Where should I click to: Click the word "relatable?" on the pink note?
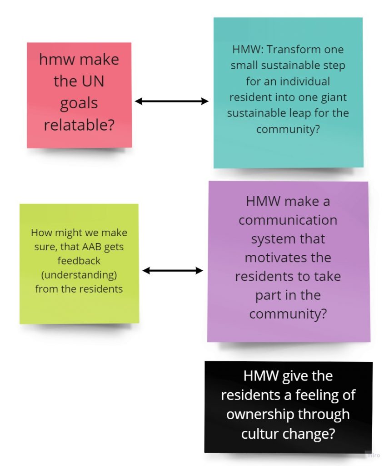tap(79, 125)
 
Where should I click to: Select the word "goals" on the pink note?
tap(79, 104)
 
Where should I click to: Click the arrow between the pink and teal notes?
tap(171, 101)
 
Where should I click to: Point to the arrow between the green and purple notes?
tap(173, 270)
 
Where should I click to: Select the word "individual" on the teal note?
tap(305, 81)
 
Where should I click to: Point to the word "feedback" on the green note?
tap(79, 261)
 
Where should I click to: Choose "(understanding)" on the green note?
tap(79, 275)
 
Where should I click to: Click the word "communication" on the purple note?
tap(288, 220)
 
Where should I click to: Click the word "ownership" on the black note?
tap(259, 414)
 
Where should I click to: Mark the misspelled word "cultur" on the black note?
tap(259, 433)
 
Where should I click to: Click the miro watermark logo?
tap(373, 455)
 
